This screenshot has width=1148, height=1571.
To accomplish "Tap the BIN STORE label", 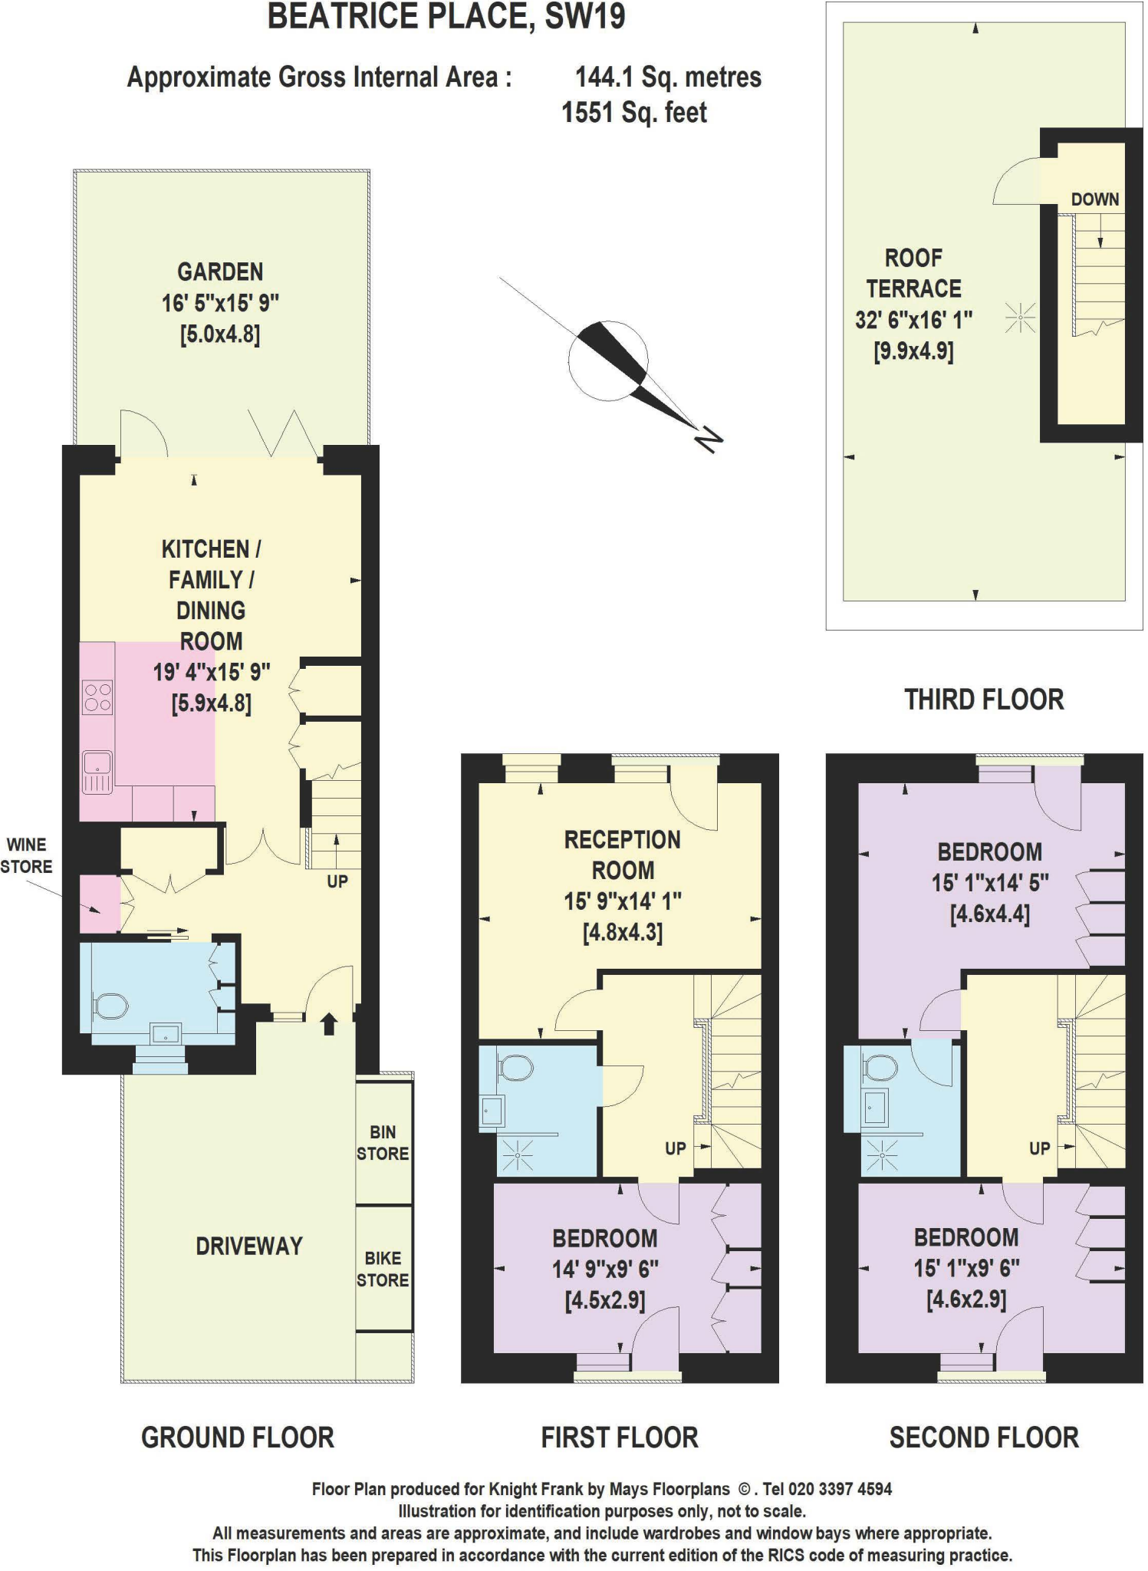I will (383, 1142).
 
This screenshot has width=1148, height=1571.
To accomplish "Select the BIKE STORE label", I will (383, 1269).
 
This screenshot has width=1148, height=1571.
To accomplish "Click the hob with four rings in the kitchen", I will (97, 697).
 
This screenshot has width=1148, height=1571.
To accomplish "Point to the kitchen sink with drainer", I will (97, 771).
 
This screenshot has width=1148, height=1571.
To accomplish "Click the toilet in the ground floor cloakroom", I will (112, 1006).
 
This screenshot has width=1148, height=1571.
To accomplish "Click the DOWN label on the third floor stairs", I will (1094, 199).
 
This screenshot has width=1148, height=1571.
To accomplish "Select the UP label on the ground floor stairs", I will (337, 881).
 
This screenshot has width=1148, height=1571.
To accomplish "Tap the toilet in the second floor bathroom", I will (880, 1067).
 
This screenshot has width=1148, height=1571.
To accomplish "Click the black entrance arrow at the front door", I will (329, 1023).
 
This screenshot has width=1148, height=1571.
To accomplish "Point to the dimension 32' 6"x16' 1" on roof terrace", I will (913, 320).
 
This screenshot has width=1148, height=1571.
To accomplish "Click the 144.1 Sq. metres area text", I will (668, 77).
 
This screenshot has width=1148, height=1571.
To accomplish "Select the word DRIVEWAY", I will (249, 1246).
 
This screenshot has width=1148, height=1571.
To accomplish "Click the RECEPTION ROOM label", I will (622, 855).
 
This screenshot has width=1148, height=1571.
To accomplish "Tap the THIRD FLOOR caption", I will (984, 700).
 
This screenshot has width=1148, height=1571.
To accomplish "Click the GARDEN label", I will (220, 272).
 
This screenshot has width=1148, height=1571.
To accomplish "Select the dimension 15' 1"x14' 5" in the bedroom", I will (989, 883).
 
